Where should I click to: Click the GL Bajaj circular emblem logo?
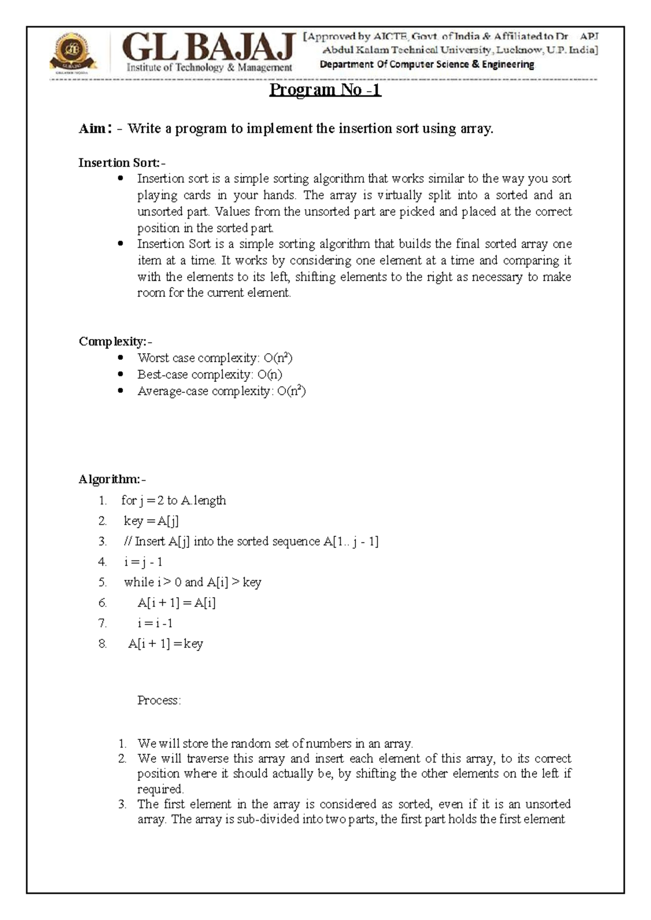[x=73, y=52]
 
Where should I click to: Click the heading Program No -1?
[x=325, y=90]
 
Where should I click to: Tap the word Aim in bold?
[x=93, y=129]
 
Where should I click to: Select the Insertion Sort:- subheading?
[x=122, y=162]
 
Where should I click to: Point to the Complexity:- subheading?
[x=115, y=341]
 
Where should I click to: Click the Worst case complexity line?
[x=215, y=357]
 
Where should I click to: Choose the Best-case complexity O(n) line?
[x=209, y=374]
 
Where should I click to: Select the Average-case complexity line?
[x=221, y=391]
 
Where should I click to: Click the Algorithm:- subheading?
[x=112, y=479]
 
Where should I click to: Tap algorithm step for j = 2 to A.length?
[x=174, y=500]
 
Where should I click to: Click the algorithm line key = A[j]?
[x=151, y=521]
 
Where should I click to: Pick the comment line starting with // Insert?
[x=251, y=541]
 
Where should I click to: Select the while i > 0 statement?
[x=193, y=582]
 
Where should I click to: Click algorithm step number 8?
[x=103, y=644]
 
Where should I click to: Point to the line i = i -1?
[x=155, y=623]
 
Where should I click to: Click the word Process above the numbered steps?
[x=158, y=700]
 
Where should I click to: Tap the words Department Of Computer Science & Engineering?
[x=426, y=65]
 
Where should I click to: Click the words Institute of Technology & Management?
[x=209, y=67]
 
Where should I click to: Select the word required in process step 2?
[x=160, y=789]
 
